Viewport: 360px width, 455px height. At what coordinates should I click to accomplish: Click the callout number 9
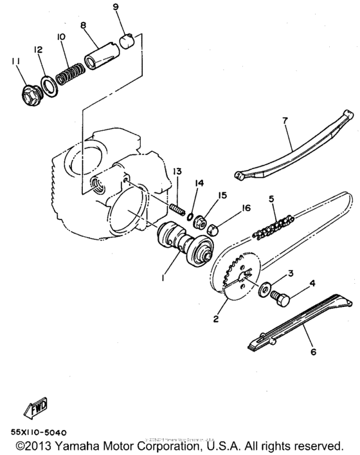pos(116,7)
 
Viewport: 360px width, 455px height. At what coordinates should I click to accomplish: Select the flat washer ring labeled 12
pos(48,82)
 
